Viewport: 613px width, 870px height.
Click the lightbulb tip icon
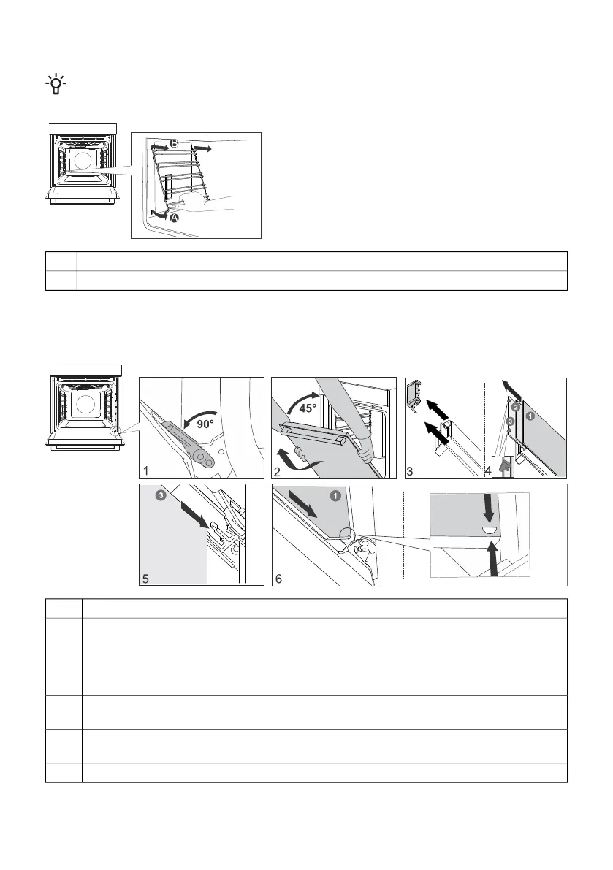pyautogui.click(x=56, y=84)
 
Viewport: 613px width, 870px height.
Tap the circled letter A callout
pyautogui.click(x=175, y=218)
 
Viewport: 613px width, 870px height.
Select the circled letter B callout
pyautogui.click(x=174, y=144)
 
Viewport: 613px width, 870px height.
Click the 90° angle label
pyautogui.click(x=205, y=425)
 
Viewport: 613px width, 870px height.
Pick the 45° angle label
pyautogui.click(x=308, y=409)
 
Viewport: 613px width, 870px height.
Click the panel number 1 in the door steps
pyautogui.click(x=145, y=471)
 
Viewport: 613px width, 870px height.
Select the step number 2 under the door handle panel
pyautogui.click(x=277, y=472)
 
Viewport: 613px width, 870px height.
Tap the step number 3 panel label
pyautogui.click(x=410, y=472)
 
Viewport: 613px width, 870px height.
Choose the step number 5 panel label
pyautogui.click(x=145, y=579)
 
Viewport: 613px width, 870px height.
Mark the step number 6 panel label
pyautogui.click(x=278, y=579)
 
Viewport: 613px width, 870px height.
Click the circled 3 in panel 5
pyautogui.click(x=161, y=495)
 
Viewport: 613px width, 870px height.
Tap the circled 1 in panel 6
pyautogui.click(x=335, y=496)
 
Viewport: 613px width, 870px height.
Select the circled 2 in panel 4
pyautogui.click(x=515, y=408)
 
